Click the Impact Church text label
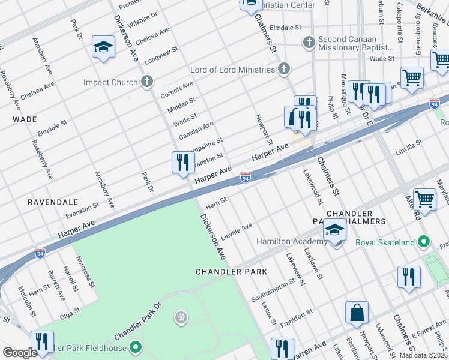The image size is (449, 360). (110, 82)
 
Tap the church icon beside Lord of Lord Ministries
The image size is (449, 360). (284, 69)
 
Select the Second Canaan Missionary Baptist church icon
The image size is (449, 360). (309, 43)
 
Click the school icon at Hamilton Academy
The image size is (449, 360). (334, 230)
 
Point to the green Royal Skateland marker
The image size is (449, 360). (424, 242)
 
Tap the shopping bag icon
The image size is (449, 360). (357, 313)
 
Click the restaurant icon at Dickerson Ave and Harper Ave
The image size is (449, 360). (183, 162)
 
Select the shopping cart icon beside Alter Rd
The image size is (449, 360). (424, 199)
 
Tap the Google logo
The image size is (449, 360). (19, 352)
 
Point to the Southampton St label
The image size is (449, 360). (271, 293)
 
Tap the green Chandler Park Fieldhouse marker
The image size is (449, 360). (136, 347)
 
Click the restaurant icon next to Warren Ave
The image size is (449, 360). (282, 348)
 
